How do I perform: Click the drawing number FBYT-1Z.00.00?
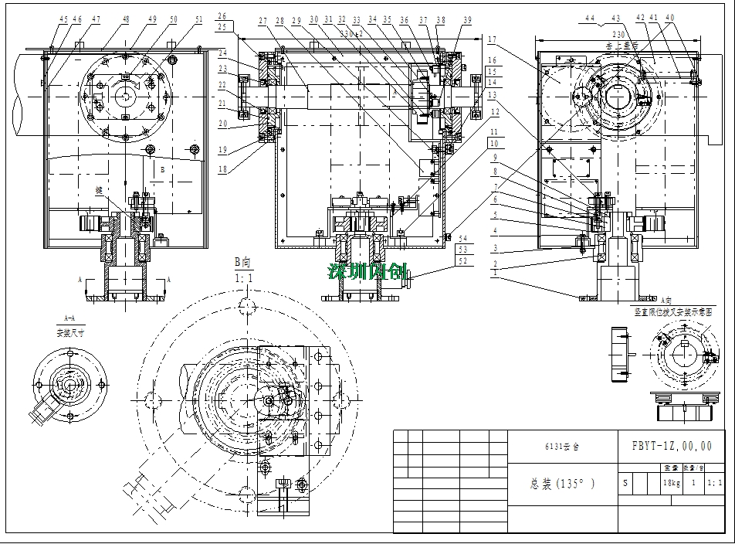coord(672,447)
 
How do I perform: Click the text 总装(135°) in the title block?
coord(562,484)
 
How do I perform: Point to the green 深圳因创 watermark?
coord(366,272)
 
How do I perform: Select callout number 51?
coord(199,19)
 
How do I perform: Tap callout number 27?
coord(263,20)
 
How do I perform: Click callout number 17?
coord(491,39)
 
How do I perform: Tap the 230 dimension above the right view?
coord(618,35)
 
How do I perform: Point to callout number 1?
coord(491,272)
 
